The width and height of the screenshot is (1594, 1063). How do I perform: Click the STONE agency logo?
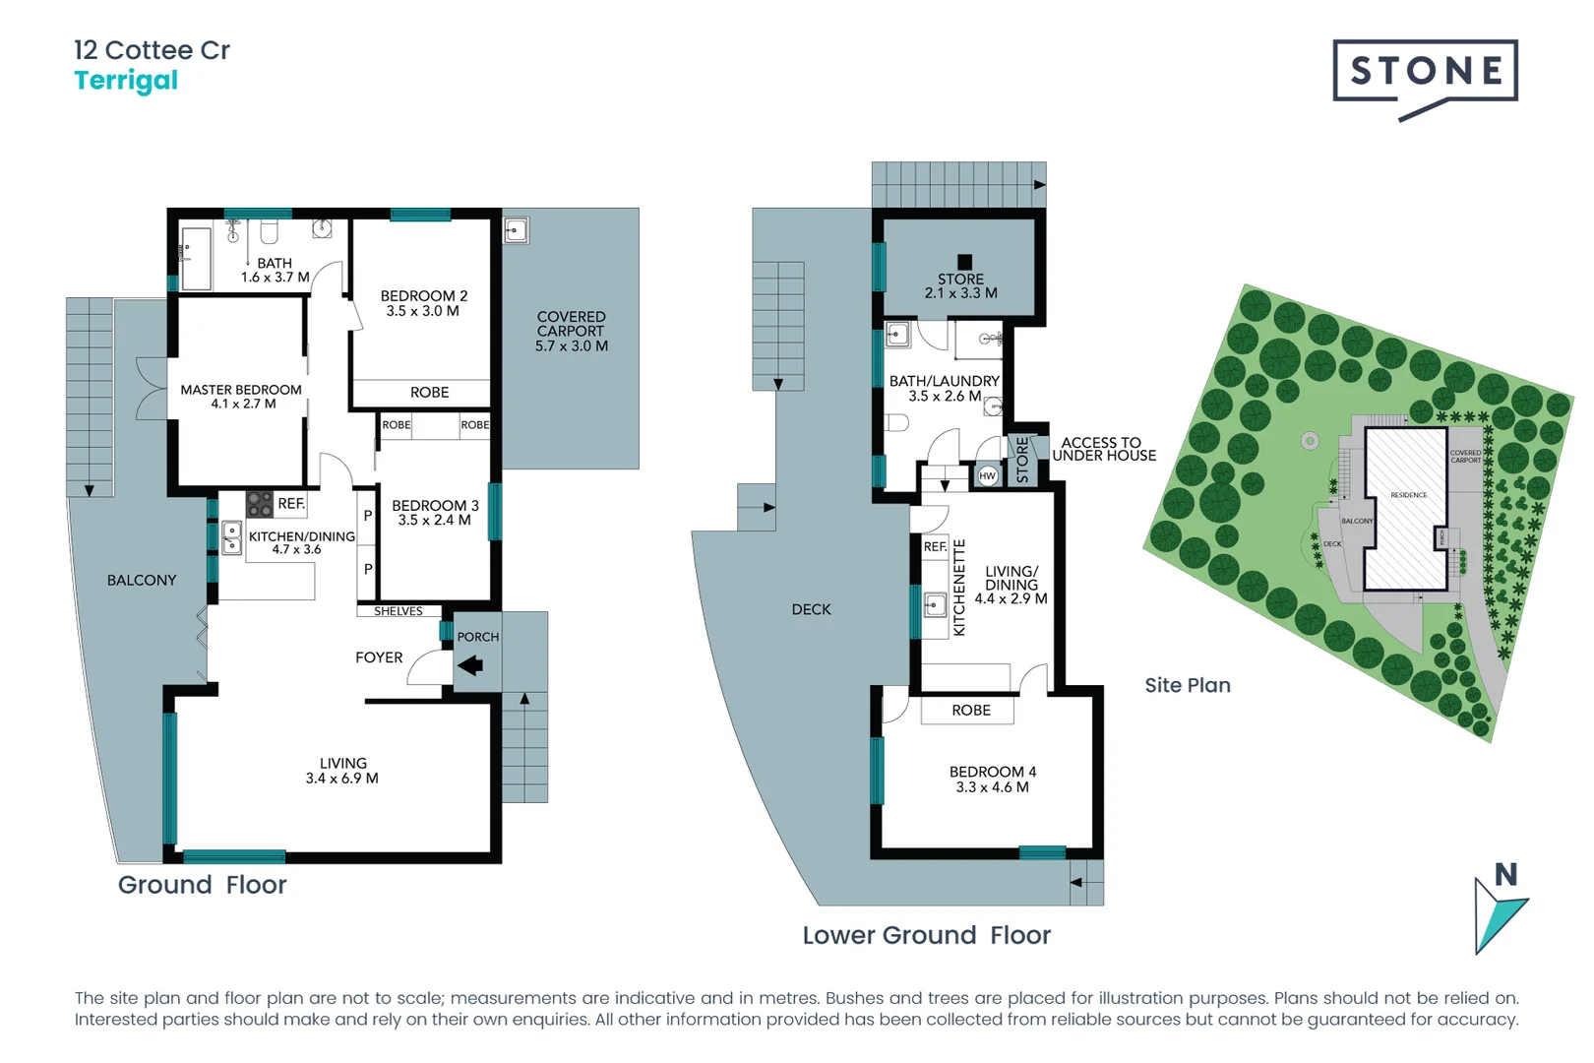point(1425,72)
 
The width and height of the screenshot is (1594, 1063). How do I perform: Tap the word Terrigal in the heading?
point(126,81)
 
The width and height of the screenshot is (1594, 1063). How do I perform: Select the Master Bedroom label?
point(241,390)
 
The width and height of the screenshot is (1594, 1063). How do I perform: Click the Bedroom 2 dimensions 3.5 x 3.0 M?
point(422,311)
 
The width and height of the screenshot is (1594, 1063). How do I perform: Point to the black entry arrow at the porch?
point(470,665)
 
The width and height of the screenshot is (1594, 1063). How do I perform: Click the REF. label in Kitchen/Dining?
point(291,503)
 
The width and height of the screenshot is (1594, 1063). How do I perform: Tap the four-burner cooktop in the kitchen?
point(260,504)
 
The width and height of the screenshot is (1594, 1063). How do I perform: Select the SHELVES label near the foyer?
point(398,611)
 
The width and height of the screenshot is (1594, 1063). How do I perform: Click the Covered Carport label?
point(571,324)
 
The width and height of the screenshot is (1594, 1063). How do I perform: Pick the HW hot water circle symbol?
point(988,475)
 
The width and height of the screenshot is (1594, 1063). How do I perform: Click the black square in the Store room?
point(964,262)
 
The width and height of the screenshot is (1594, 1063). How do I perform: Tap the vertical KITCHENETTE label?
point(959,588)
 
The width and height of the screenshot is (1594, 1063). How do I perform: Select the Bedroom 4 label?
point(992,772)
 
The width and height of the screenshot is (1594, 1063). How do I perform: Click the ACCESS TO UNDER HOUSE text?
point(1103,449)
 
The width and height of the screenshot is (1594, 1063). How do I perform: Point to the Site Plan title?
point(1187,685)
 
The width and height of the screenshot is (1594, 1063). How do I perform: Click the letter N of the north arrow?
point(1505,874)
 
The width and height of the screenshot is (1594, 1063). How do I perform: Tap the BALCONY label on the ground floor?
point(142,580)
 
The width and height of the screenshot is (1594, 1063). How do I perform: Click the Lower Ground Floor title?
point(926,935)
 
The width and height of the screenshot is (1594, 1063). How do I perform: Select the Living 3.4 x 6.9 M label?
point(342,771)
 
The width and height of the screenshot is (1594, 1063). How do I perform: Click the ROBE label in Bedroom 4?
point(970,710)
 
